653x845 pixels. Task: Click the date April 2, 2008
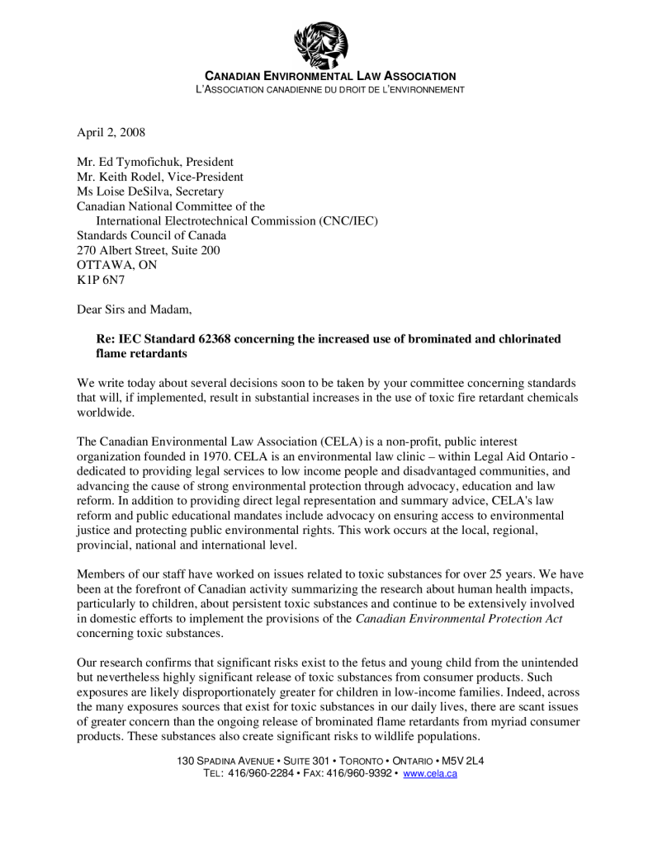click(x=111, y=132)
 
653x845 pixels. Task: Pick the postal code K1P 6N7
click(x=99, y=281)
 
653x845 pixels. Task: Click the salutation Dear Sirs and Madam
click(x=134, y=310)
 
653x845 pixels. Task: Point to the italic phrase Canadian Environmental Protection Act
click(x=459, y=619)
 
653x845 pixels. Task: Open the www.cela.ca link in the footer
click(x=429, y=773)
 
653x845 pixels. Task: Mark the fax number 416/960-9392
click(x=358, y=773)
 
